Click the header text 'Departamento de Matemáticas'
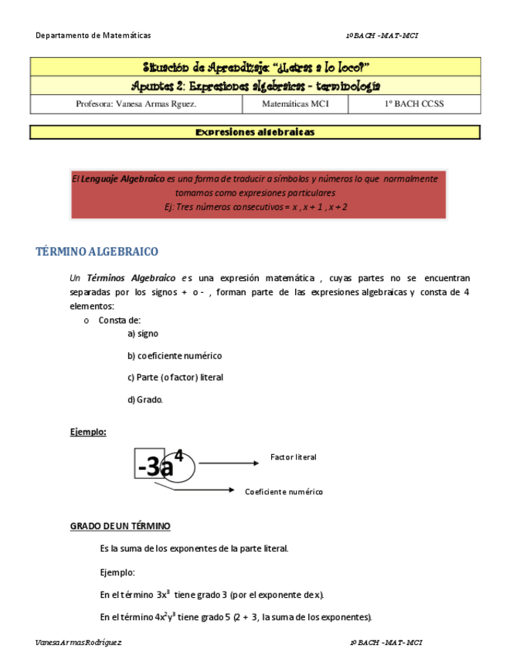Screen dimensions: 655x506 coord(93,36)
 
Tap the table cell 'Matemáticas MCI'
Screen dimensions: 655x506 coord(295,104)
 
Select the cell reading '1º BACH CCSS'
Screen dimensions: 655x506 coord(413,104)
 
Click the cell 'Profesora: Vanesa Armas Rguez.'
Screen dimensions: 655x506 coord(136,104)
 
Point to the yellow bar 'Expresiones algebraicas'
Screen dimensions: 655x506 coord(255,132)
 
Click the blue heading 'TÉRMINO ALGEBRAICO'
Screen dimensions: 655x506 coord(97,252)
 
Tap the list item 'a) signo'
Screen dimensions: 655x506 coord(143,334)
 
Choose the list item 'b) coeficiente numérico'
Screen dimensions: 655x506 coord(175,355)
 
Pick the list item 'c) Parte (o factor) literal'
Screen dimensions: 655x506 coord(175,378)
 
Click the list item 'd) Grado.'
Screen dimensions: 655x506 coord(145,399)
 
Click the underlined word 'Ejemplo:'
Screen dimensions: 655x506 coord(88,432)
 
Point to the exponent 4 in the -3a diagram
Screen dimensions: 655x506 coord(178,456)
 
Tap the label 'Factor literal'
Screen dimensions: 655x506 coord(293,457)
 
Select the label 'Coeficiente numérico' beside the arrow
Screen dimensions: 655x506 coord(284,491)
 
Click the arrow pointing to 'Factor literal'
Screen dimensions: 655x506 coord(228,463)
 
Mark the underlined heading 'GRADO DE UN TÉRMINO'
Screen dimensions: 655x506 coord(120,526)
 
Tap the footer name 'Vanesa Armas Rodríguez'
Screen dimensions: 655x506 coord(79,643)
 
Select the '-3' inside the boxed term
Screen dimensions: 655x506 coord(148,467)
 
